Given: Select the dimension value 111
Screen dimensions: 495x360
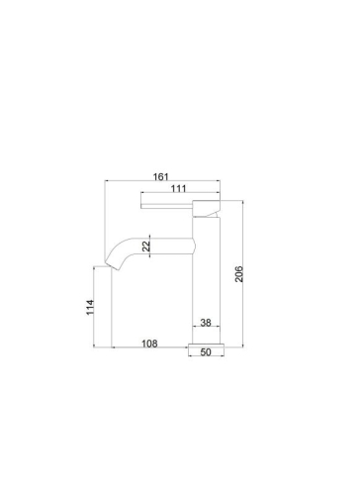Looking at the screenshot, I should pos(178,189).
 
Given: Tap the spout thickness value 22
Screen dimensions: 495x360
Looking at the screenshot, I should pos(147,247).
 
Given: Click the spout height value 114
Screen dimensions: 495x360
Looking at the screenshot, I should pos(89,307).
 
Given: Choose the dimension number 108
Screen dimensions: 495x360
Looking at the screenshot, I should pos(148,346).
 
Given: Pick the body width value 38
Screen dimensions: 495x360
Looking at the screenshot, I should pos(206,323).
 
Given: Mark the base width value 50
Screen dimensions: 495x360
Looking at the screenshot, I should pos(207,351).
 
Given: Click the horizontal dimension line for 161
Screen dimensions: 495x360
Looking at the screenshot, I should pos(163,181).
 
